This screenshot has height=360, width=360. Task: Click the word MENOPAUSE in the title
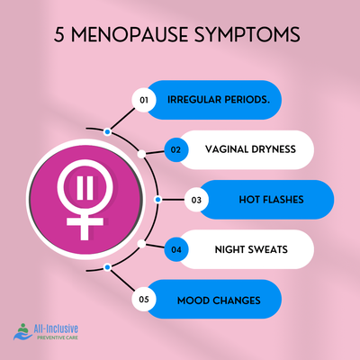pyautogui.click(x=130, y=34)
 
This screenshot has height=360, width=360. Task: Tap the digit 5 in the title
pyautogui.click(x=59, y=34)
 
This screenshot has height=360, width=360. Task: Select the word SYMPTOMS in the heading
pyautogui.click(x=247, y=34)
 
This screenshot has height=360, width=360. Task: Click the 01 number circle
pyautogui.click(x=144, y=100)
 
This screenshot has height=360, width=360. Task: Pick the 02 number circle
pyautogui.click(x=176, y=149)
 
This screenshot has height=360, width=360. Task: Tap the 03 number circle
pyautogui.click(x=196, y=200)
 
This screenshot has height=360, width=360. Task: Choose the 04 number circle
pyautogui.click(x=176, y=249)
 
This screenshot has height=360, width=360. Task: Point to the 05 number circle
pyautogui.click(x=144, y=300)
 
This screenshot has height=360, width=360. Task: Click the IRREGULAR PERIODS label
pyautogui.click(x=219, y=100)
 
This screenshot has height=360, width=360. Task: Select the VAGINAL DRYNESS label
pyautogui.click(x=250, y=149)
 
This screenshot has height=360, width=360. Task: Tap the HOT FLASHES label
pyautogui.click(x=271, y=200)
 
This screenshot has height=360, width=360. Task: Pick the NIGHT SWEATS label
pyautogui.click(x=251, y=249)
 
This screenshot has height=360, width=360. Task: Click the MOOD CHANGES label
pyautogui.click(x=219, y=301)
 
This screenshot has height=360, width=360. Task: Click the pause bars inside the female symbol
pyautogui.click(x=85, y=188)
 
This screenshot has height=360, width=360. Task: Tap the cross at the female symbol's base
pyautogui.click(x=85, y=225)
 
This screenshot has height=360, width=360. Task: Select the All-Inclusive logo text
pyautogui.click(x=56, y=328)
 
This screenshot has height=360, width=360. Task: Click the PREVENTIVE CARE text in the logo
pyautogui.click(x=58, y=337)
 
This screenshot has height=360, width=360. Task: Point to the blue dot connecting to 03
pyautogui.click(x=158, y=200)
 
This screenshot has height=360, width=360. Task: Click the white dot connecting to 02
pyautogui.click(x=141, y=155)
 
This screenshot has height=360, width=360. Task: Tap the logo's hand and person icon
pyautogui.click(x=22, y=331)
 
